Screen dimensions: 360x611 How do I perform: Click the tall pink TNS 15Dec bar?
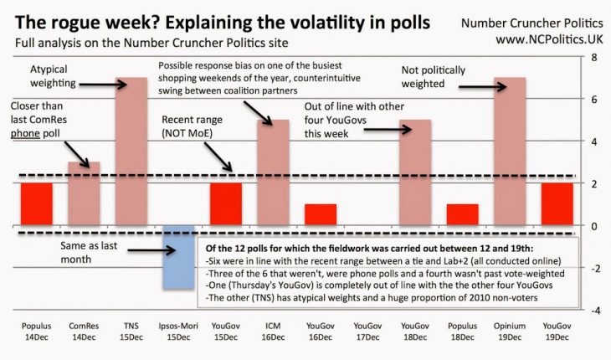click(131, 151)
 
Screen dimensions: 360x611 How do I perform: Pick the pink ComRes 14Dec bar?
click(83, 193)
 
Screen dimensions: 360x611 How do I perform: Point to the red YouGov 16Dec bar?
click(320, 215)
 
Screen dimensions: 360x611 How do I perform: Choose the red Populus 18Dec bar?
click(462, 215)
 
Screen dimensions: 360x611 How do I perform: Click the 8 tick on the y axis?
click(593, 57)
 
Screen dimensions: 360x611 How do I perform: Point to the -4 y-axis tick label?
click(592, 311)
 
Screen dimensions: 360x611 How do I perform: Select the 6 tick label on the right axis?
click(593, 100)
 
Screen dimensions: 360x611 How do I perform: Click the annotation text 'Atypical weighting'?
click(54, 76)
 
